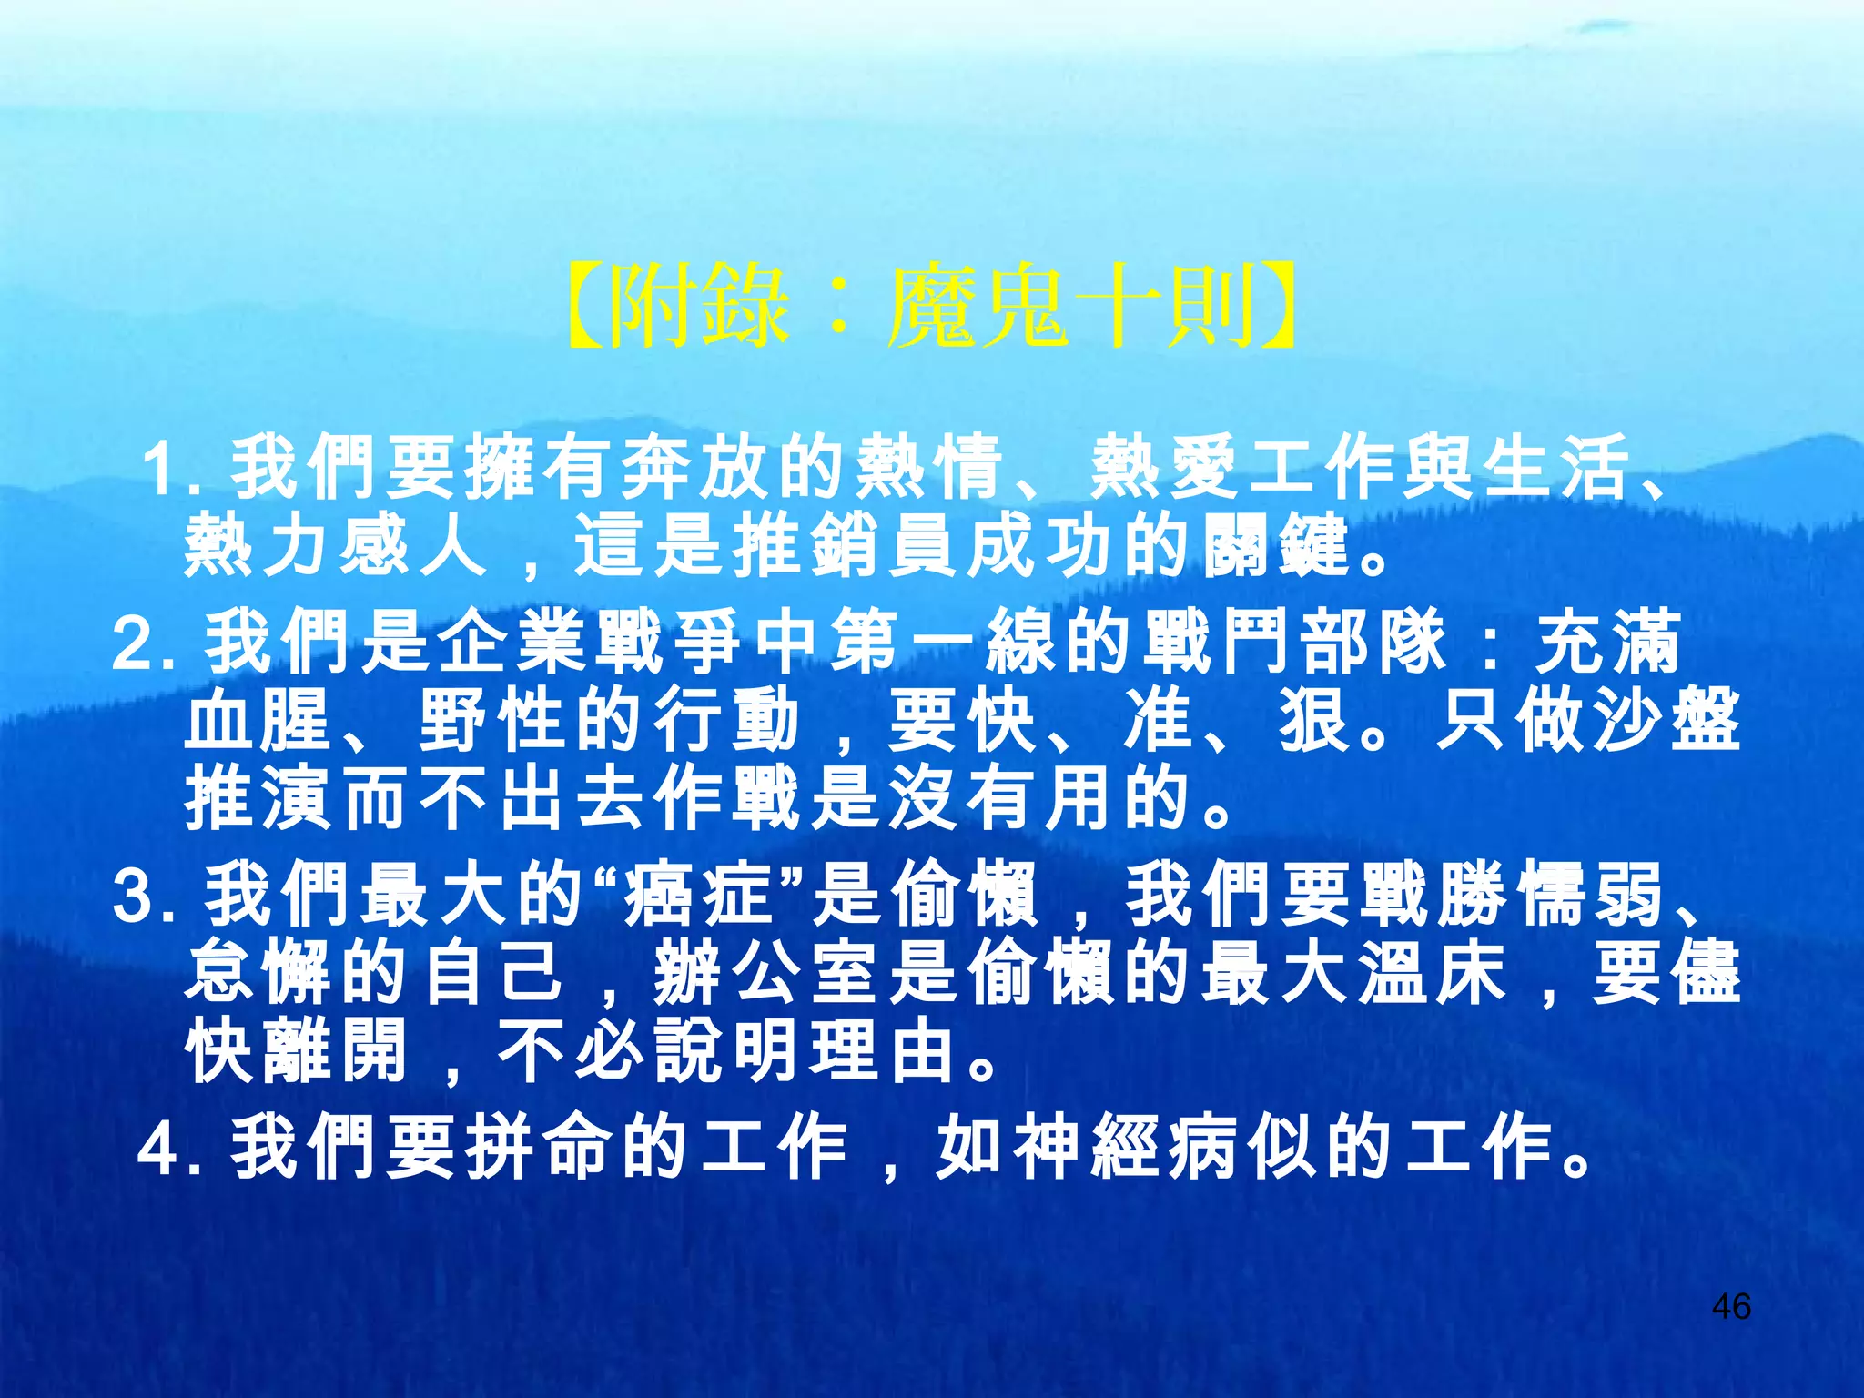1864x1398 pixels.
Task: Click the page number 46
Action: coord(1730,1307)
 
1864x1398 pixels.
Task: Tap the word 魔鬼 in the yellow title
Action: coord(978,307)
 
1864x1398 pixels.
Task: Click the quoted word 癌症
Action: coord(697,896)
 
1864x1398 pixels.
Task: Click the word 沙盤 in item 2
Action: coord(1666,721)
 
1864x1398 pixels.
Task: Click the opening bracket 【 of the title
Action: coord(582,307)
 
